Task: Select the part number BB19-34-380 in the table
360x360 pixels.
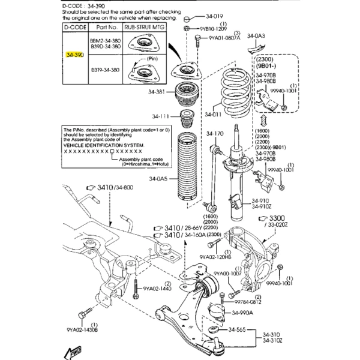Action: [x=104, y=70]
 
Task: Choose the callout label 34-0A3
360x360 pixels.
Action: [x=263, y=35]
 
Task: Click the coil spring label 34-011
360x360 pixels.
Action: [x=213, y=113]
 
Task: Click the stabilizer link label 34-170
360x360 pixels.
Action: [x=215, y=133]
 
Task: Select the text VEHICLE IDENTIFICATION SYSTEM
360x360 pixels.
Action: [x=104, y=146]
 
